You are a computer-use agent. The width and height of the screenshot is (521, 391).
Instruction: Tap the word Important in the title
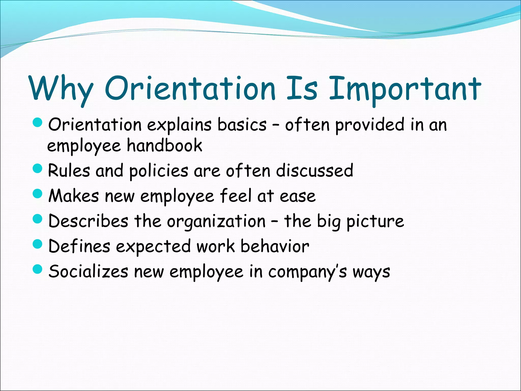click(x=404, y=89)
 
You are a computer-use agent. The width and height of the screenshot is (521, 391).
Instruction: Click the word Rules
click(x=69, y=170)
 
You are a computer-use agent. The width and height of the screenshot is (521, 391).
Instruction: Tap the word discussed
click(x=315, y=170)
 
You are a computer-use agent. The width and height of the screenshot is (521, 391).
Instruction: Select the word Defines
click(x=79, y=246)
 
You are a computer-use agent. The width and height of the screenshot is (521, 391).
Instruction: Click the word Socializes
click(x=88, y=271)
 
